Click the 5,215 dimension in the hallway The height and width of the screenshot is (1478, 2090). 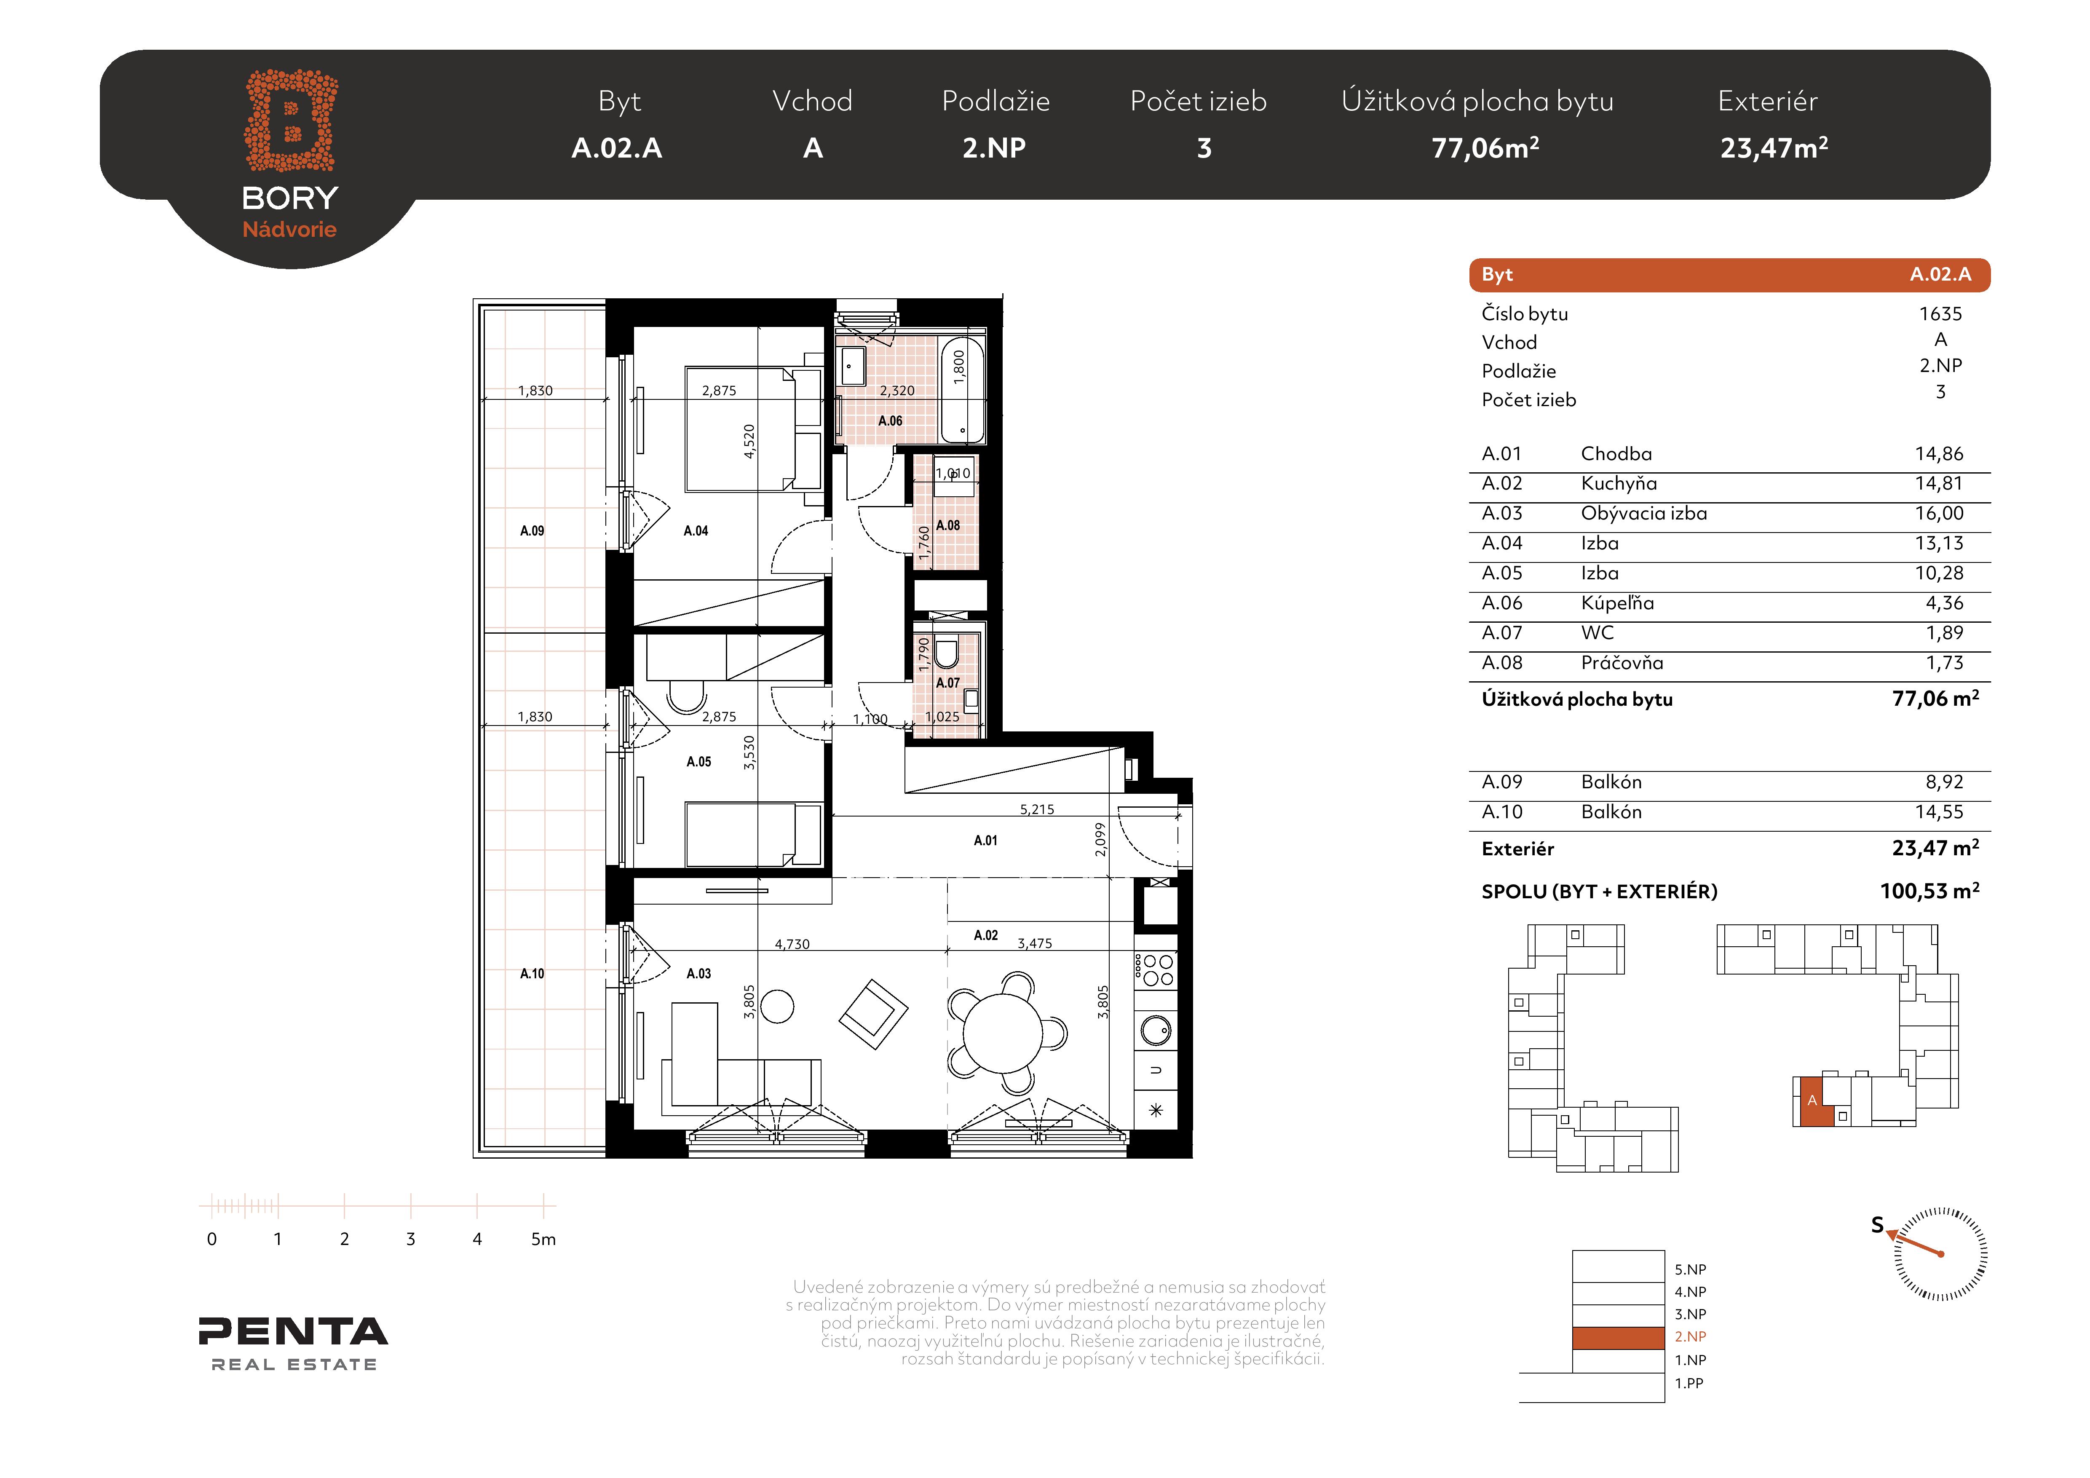tap(1037, 809)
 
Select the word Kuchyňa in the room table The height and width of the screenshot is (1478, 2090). tap(1619, 483)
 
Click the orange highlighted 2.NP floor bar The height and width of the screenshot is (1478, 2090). tap(1619, 1337)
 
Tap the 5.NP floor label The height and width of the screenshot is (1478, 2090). tap(1690, 1269)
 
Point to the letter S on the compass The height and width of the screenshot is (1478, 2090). tap(1877, 1225)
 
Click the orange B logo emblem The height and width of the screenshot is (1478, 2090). tap(291, 120)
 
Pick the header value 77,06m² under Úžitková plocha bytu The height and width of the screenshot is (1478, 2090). tap(1485, 147)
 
